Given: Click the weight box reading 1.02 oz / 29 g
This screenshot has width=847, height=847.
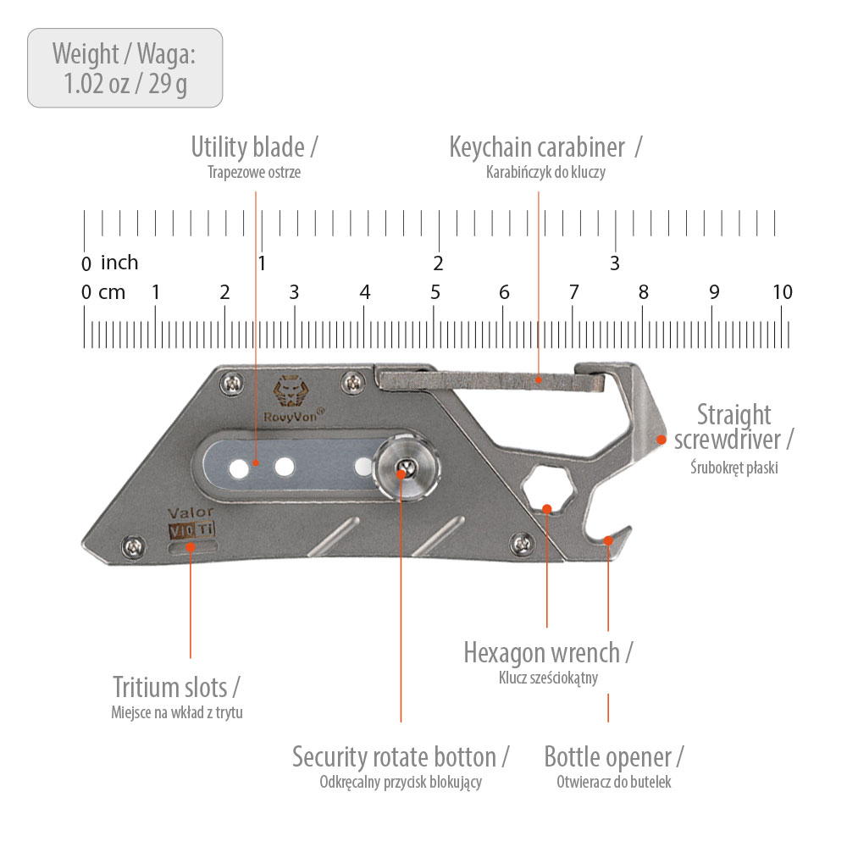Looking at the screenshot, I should tap(125, 68).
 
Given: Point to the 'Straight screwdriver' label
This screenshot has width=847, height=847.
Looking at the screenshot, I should tap(734, 427).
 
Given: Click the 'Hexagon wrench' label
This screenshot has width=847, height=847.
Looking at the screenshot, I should tap(548, 653).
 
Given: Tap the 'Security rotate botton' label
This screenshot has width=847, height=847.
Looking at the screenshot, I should tap(401, 756).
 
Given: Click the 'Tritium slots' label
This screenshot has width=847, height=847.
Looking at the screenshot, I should tap(176, 686).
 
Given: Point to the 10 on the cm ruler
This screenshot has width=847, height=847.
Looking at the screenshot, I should tap(783, 292).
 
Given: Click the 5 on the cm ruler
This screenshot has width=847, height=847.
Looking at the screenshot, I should tap(435, 292).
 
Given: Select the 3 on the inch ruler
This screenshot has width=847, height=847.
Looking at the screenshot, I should tap(615, 263).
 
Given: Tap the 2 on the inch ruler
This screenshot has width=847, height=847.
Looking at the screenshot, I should tap(438, 263).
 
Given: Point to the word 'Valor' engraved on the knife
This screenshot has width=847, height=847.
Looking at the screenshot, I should tap(191, 512).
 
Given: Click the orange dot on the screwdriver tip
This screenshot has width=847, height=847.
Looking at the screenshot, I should tap(662, 438).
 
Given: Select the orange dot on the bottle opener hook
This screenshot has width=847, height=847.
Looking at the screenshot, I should tap(608, 539).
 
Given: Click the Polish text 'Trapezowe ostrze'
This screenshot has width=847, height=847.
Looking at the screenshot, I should tap(254, 172).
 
